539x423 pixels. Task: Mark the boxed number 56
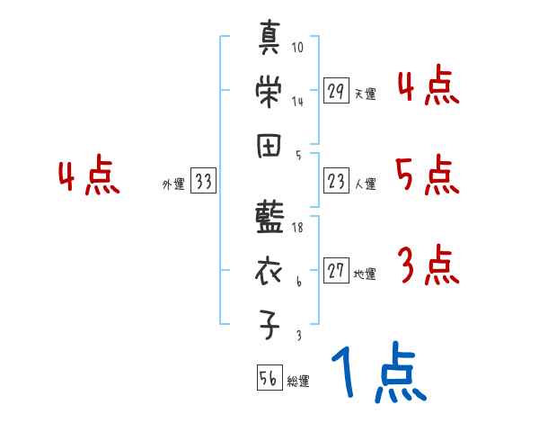click(269, 379)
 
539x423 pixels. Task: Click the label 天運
click(366, 93)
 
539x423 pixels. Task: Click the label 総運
click(297, 382)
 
